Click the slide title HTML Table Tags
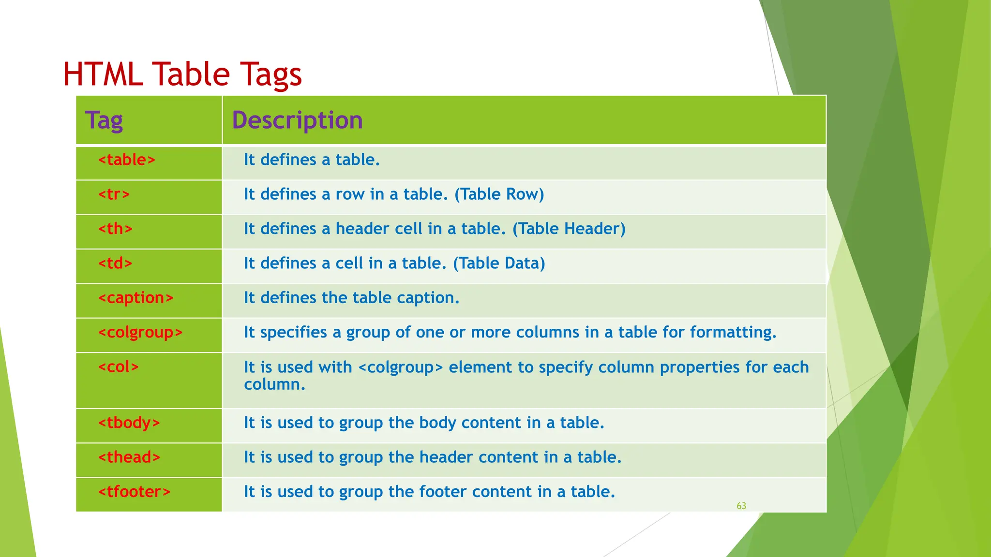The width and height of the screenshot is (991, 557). pos(182,74)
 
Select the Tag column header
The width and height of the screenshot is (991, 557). pos(104,120)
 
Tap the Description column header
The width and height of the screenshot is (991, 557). pos(297,120)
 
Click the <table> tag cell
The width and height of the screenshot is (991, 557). pos(127,160)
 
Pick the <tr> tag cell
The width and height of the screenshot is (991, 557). pos(114,194)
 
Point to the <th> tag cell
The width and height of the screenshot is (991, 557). pos(115,229)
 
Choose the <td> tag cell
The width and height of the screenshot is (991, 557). pos(115,263)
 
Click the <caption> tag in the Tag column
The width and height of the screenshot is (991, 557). pos(135,298)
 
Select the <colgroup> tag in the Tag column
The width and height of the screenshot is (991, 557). pos(140,333)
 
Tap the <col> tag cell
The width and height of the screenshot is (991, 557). pos(119,367)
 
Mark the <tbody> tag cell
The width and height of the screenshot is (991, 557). pos(129,423)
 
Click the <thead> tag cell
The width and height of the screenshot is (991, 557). pos(129,457)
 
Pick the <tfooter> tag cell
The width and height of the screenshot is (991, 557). pos(134,492)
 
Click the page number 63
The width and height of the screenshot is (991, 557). pos(741,506)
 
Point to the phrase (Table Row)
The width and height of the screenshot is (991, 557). pos(499,194)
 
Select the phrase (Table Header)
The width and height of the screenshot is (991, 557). pos(569,229)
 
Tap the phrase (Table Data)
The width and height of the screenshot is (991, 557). pos(499,263)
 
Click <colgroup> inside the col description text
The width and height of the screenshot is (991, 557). pos(401,367)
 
